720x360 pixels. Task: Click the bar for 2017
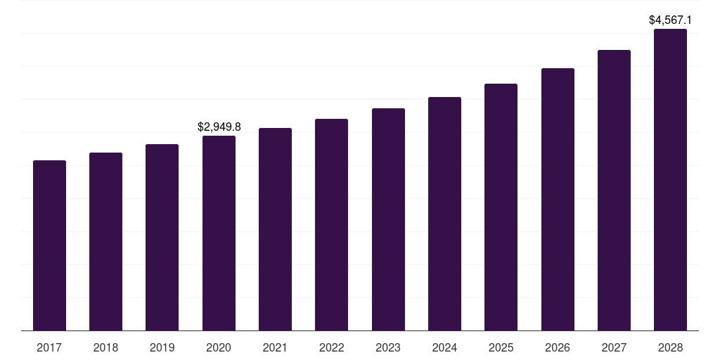pos(49,245)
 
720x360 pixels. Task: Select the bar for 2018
pos(105,241)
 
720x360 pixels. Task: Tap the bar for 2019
pos(162,237)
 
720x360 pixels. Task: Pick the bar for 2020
pos(219,233)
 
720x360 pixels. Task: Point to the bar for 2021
pos(275,229)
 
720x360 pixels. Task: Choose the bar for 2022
pos(331,224)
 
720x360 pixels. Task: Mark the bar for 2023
pos(388,219)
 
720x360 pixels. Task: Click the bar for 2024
pos(444,214)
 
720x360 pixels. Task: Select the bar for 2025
pos(501,207)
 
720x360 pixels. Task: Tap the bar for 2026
pos(558,199)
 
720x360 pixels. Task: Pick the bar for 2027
pos(614,190)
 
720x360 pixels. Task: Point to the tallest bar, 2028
pos(670,179)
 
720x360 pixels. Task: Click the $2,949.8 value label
pos(219,127)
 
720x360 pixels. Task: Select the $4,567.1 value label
pos(670,20)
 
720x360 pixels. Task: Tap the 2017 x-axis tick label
pos(49,347)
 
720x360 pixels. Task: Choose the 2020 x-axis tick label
pos(219,347)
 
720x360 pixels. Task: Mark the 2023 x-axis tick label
pos(388,347)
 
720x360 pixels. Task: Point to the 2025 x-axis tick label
pos(501,347)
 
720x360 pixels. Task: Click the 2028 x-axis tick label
pos(670,347)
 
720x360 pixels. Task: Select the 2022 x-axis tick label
pos(331,347)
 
